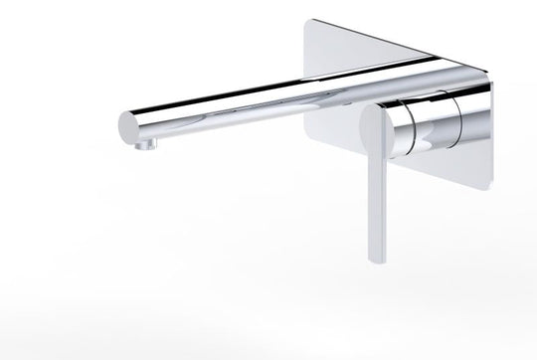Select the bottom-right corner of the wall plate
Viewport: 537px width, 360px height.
488,185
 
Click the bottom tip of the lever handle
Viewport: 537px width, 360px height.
376,261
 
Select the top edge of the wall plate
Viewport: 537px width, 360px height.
398,43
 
